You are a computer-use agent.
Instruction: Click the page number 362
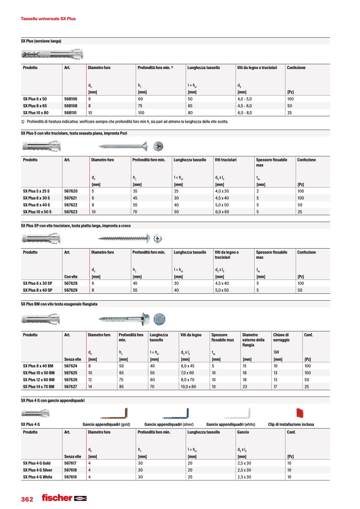point(27,499)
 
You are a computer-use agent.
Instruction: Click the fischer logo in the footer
point(64,498)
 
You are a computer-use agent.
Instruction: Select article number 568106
point(71,99)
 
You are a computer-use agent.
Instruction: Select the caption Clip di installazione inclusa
point(291,425)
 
